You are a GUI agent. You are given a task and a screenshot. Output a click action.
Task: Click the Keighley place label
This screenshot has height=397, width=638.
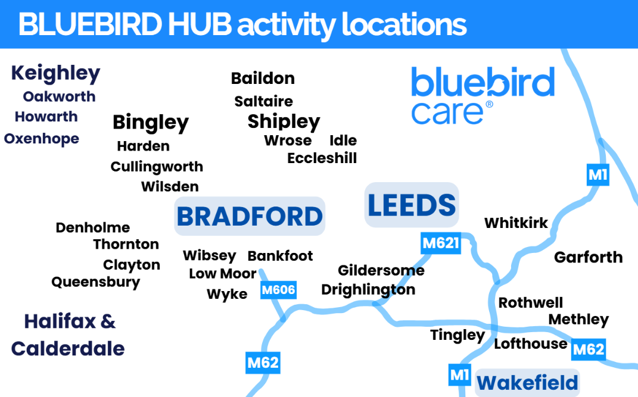coord(55,74)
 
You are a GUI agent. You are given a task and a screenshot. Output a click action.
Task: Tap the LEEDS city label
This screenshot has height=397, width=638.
coord(411,205)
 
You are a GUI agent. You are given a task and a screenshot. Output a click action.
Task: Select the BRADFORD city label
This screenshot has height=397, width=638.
coord(250,216)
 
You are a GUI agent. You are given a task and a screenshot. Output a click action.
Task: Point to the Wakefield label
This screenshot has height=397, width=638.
coord(527,383)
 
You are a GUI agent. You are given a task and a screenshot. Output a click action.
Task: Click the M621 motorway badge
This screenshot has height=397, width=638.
coord(441,243)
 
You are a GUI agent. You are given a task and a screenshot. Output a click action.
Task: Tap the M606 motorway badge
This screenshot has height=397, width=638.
coord(278,290)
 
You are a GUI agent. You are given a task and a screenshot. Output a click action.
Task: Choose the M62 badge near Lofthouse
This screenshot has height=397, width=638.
coord(589,349)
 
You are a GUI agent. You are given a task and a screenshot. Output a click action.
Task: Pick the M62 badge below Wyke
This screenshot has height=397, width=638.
coord(263,362)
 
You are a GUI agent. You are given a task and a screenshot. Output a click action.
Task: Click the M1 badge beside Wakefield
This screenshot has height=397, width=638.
coord(459,375)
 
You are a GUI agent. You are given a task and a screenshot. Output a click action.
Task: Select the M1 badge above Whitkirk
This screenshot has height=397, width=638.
coord(597,175)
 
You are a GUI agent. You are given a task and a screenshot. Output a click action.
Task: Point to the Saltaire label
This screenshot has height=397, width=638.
coord(263,101)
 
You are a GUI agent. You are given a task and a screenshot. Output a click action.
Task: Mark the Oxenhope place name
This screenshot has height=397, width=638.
coord(42,139)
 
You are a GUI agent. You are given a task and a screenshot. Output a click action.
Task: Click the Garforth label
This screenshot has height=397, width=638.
coord(588,257)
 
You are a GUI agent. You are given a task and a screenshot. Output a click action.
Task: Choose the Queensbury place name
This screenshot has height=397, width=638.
coord(96,282)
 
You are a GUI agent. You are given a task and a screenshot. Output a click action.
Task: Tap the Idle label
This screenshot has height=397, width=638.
coord(343,140)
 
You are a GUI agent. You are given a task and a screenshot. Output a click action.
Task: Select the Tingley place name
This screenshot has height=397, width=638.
coord(458,336)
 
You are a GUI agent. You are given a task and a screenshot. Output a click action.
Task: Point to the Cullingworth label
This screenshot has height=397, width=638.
coord(157,167)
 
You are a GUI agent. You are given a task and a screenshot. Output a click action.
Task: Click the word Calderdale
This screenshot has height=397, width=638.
coord(68,348)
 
